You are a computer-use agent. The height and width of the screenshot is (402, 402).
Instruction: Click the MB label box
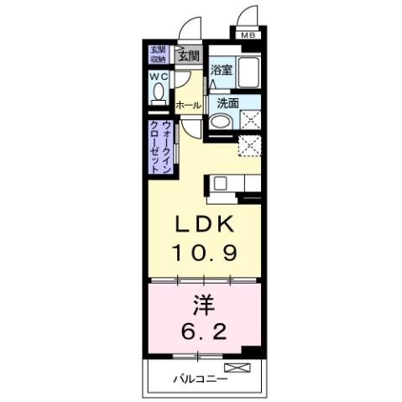pyautogui.click(x=248, y=35)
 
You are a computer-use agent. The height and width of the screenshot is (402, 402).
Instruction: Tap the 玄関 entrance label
pyautogui.click(x=188, y=57)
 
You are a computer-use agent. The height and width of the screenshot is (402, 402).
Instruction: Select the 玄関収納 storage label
pyautogui.click(x=157, y=55)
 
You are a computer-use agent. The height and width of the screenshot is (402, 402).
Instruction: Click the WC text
pyautogui.click(x=159, y=76)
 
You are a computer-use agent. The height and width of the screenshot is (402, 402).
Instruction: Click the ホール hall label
pyautogui.click(x=187, y=105)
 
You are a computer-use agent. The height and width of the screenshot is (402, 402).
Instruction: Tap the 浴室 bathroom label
pyautogui.click(x=221, y=72)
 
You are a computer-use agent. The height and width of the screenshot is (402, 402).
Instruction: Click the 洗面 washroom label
pyautogui.click(x=227, y=104)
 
